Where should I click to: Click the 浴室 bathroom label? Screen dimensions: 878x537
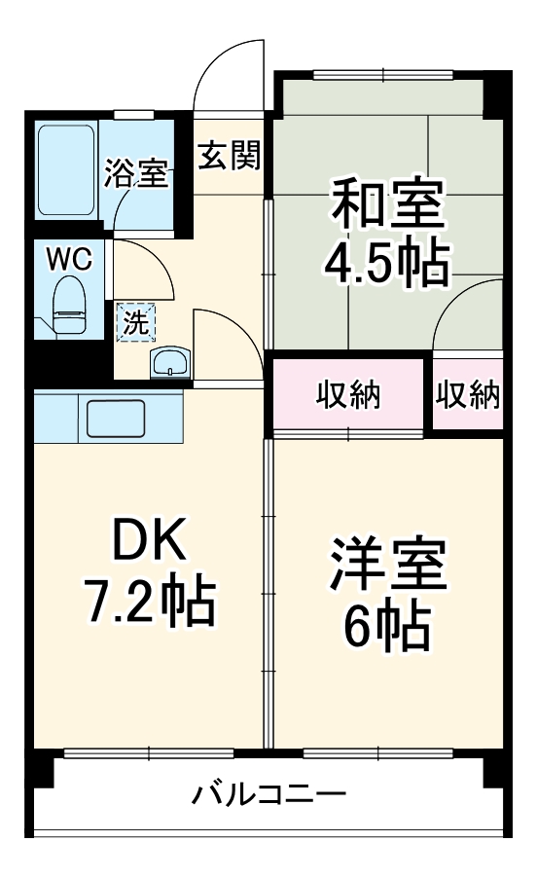[136, 175]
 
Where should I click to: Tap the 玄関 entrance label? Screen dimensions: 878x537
[230, 155]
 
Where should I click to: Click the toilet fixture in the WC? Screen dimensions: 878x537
[68, 306]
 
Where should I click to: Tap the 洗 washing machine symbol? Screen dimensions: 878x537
[136, 322]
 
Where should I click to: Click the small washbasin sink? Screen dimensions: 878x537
[171, 363]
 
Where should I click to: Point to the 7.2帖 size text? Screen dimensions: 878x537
[148, 604]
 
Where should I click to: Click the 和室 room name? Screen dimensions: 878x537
[388, 202]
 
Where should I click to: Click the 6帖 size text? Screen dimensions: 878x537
[388, 628]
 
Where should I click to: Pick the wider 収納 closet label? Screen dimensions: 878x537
[348, 395]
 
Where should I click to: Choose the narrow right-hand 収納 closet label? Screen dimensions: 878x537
[468, 395]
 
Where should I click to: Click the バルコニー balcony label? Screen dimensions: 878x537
[268, 794]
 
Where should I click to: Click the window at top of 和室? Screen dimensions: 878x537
[382, 74]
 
